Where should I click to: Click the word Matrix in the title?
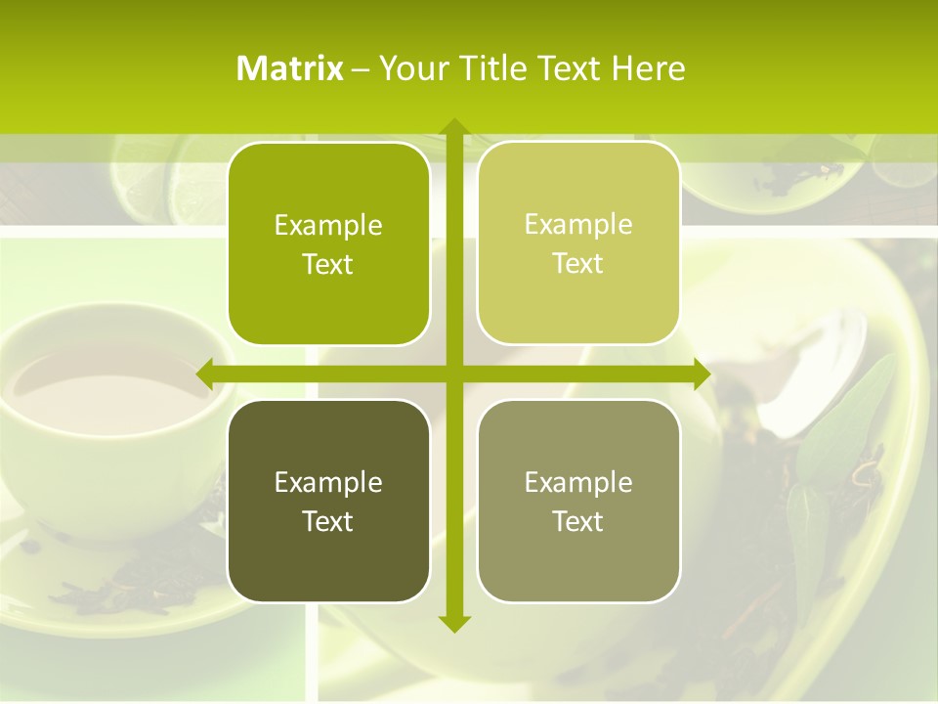[x=290, y=68]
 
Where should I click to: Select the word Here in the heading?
[x=649, y=68]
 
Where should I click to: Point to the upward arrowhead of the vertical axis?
[x=453, y=127]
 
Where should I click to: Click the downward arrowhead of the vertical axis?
[x=453, y=624]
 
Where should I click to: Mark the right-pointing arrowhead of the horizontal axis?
[x=702, y=373]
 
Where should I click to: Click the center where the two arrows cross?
[x=453, y=373]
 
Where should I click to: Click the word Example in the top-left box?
[x=328, y=226]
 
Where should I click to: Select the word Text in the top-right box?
[x=578, y=264]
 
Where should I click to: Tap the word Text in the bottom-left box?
[x=328, y=521]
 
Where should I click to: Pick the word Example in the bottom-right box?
[x=578, y=482]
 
